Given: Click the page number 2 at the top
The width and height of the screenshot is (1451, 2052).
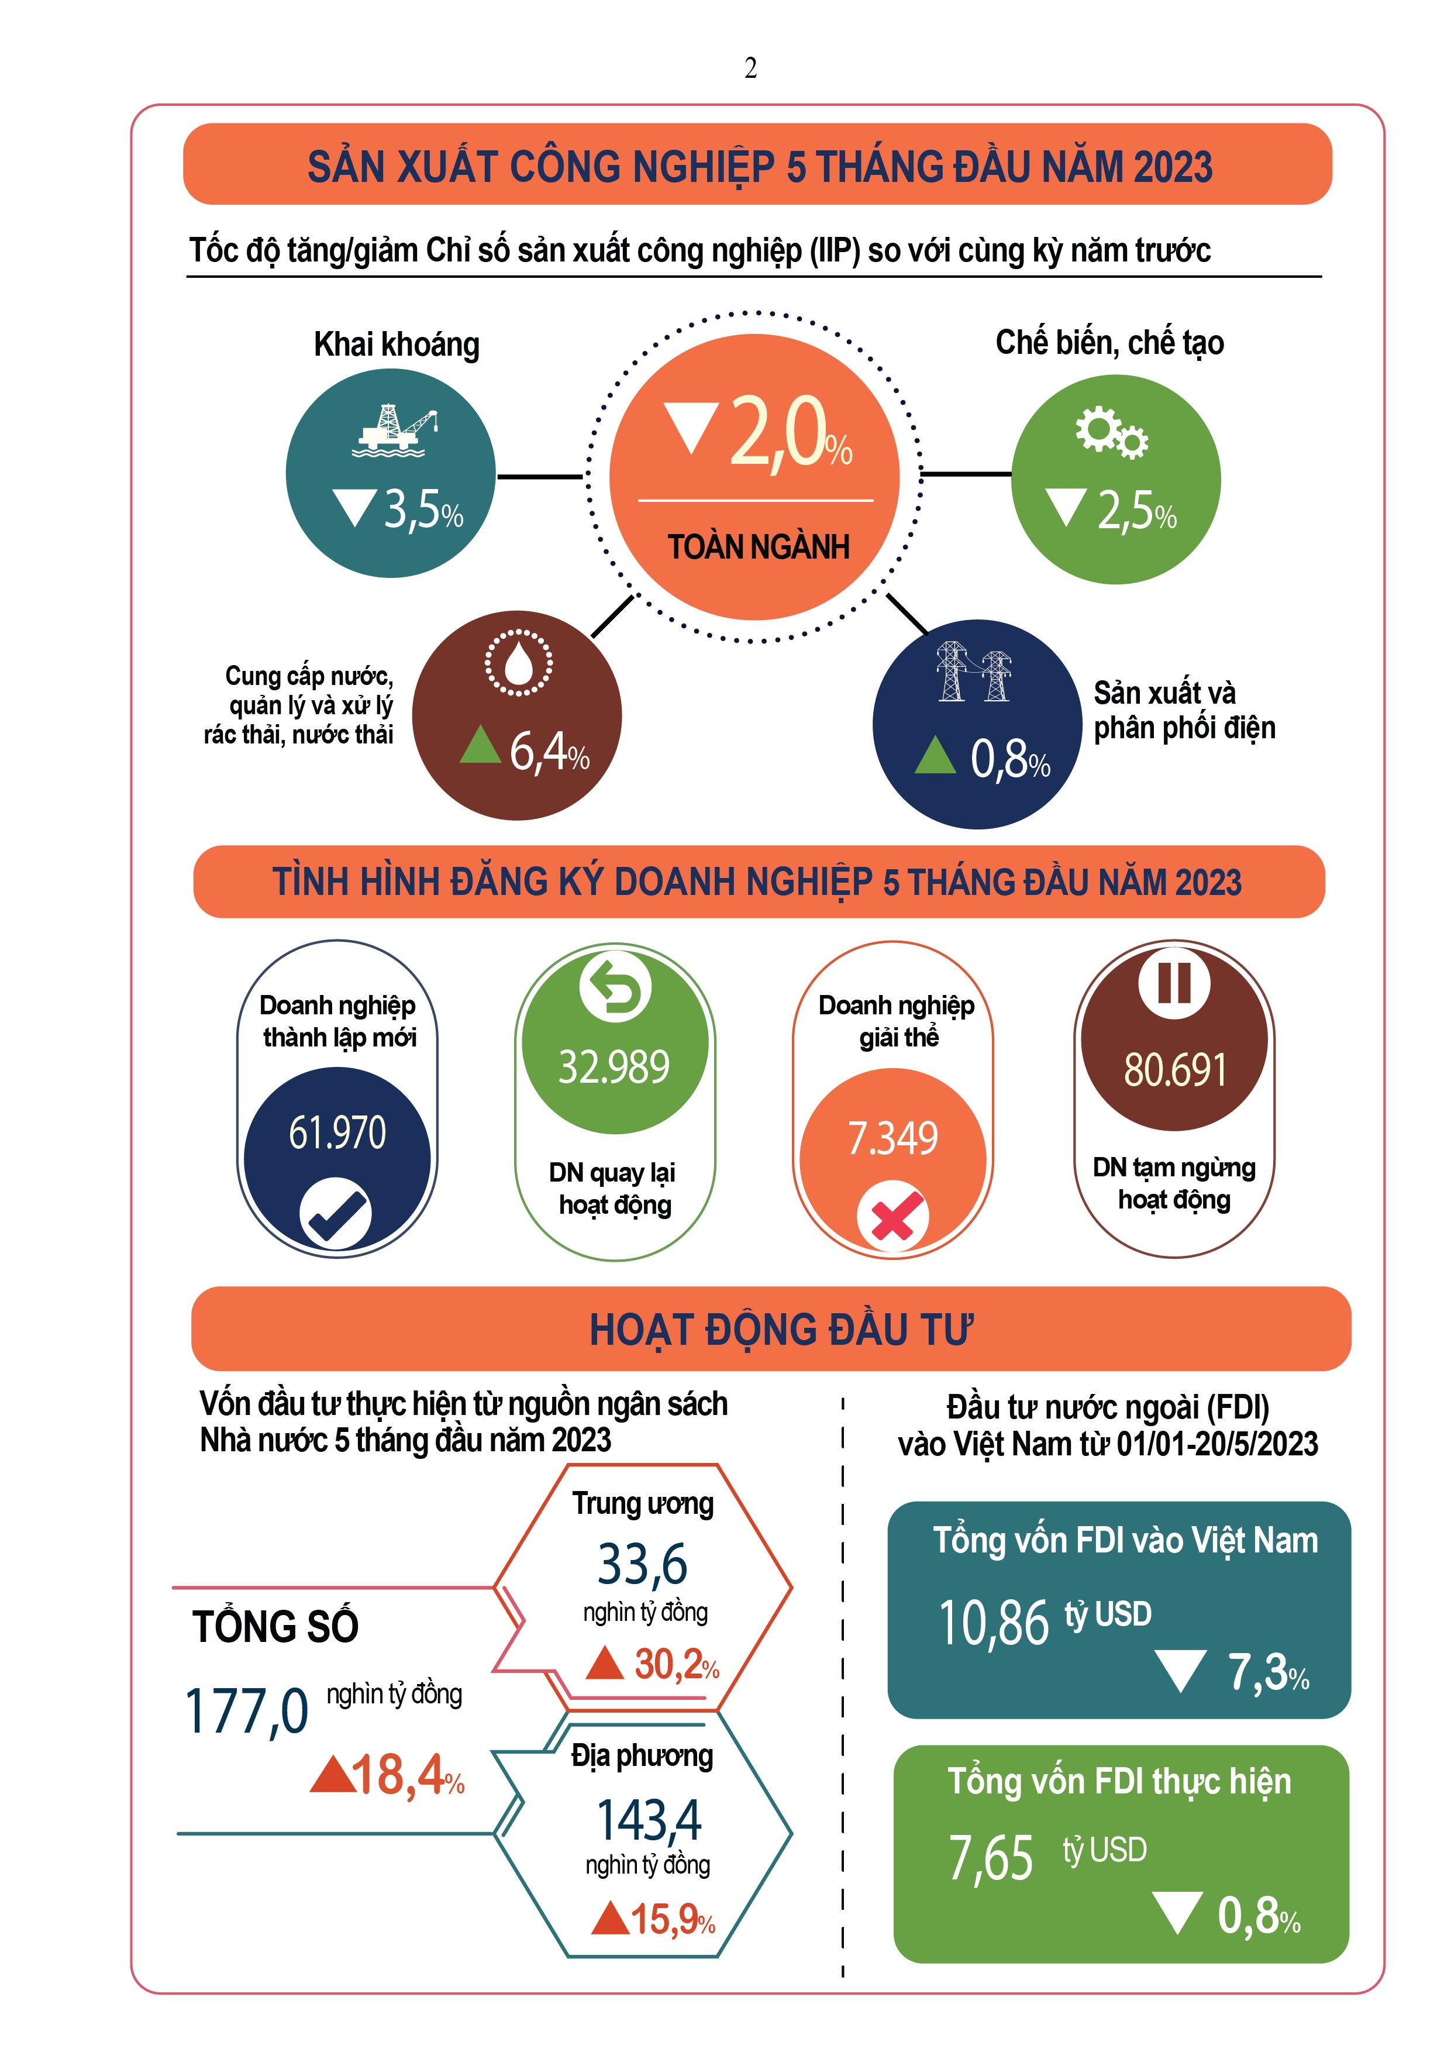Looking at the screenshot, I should pos(750,68).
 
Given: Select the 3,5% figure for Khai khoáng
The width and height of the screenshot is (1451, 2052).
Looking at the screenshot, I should pos(423,510).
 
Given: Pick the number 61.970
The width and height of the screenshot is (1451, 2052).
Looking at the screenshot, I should pos(337,1132).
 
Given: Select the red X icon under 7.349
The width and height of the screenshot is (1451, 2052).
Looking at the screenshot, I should pos(892,1216).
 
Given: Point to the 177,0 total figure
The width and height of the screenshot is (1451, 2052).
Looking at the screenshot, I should pos(247,1712).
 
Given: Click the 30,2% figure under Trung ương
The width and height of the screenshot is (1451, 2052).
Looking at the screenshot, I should pos(676,1664).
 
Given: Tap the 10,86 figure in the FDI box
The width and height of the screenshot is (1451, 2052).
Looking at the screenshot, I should pos(992,1623).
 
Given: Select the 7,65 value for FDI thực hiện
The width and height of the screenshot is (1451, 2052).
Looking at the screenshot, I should pos(991,1858).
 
